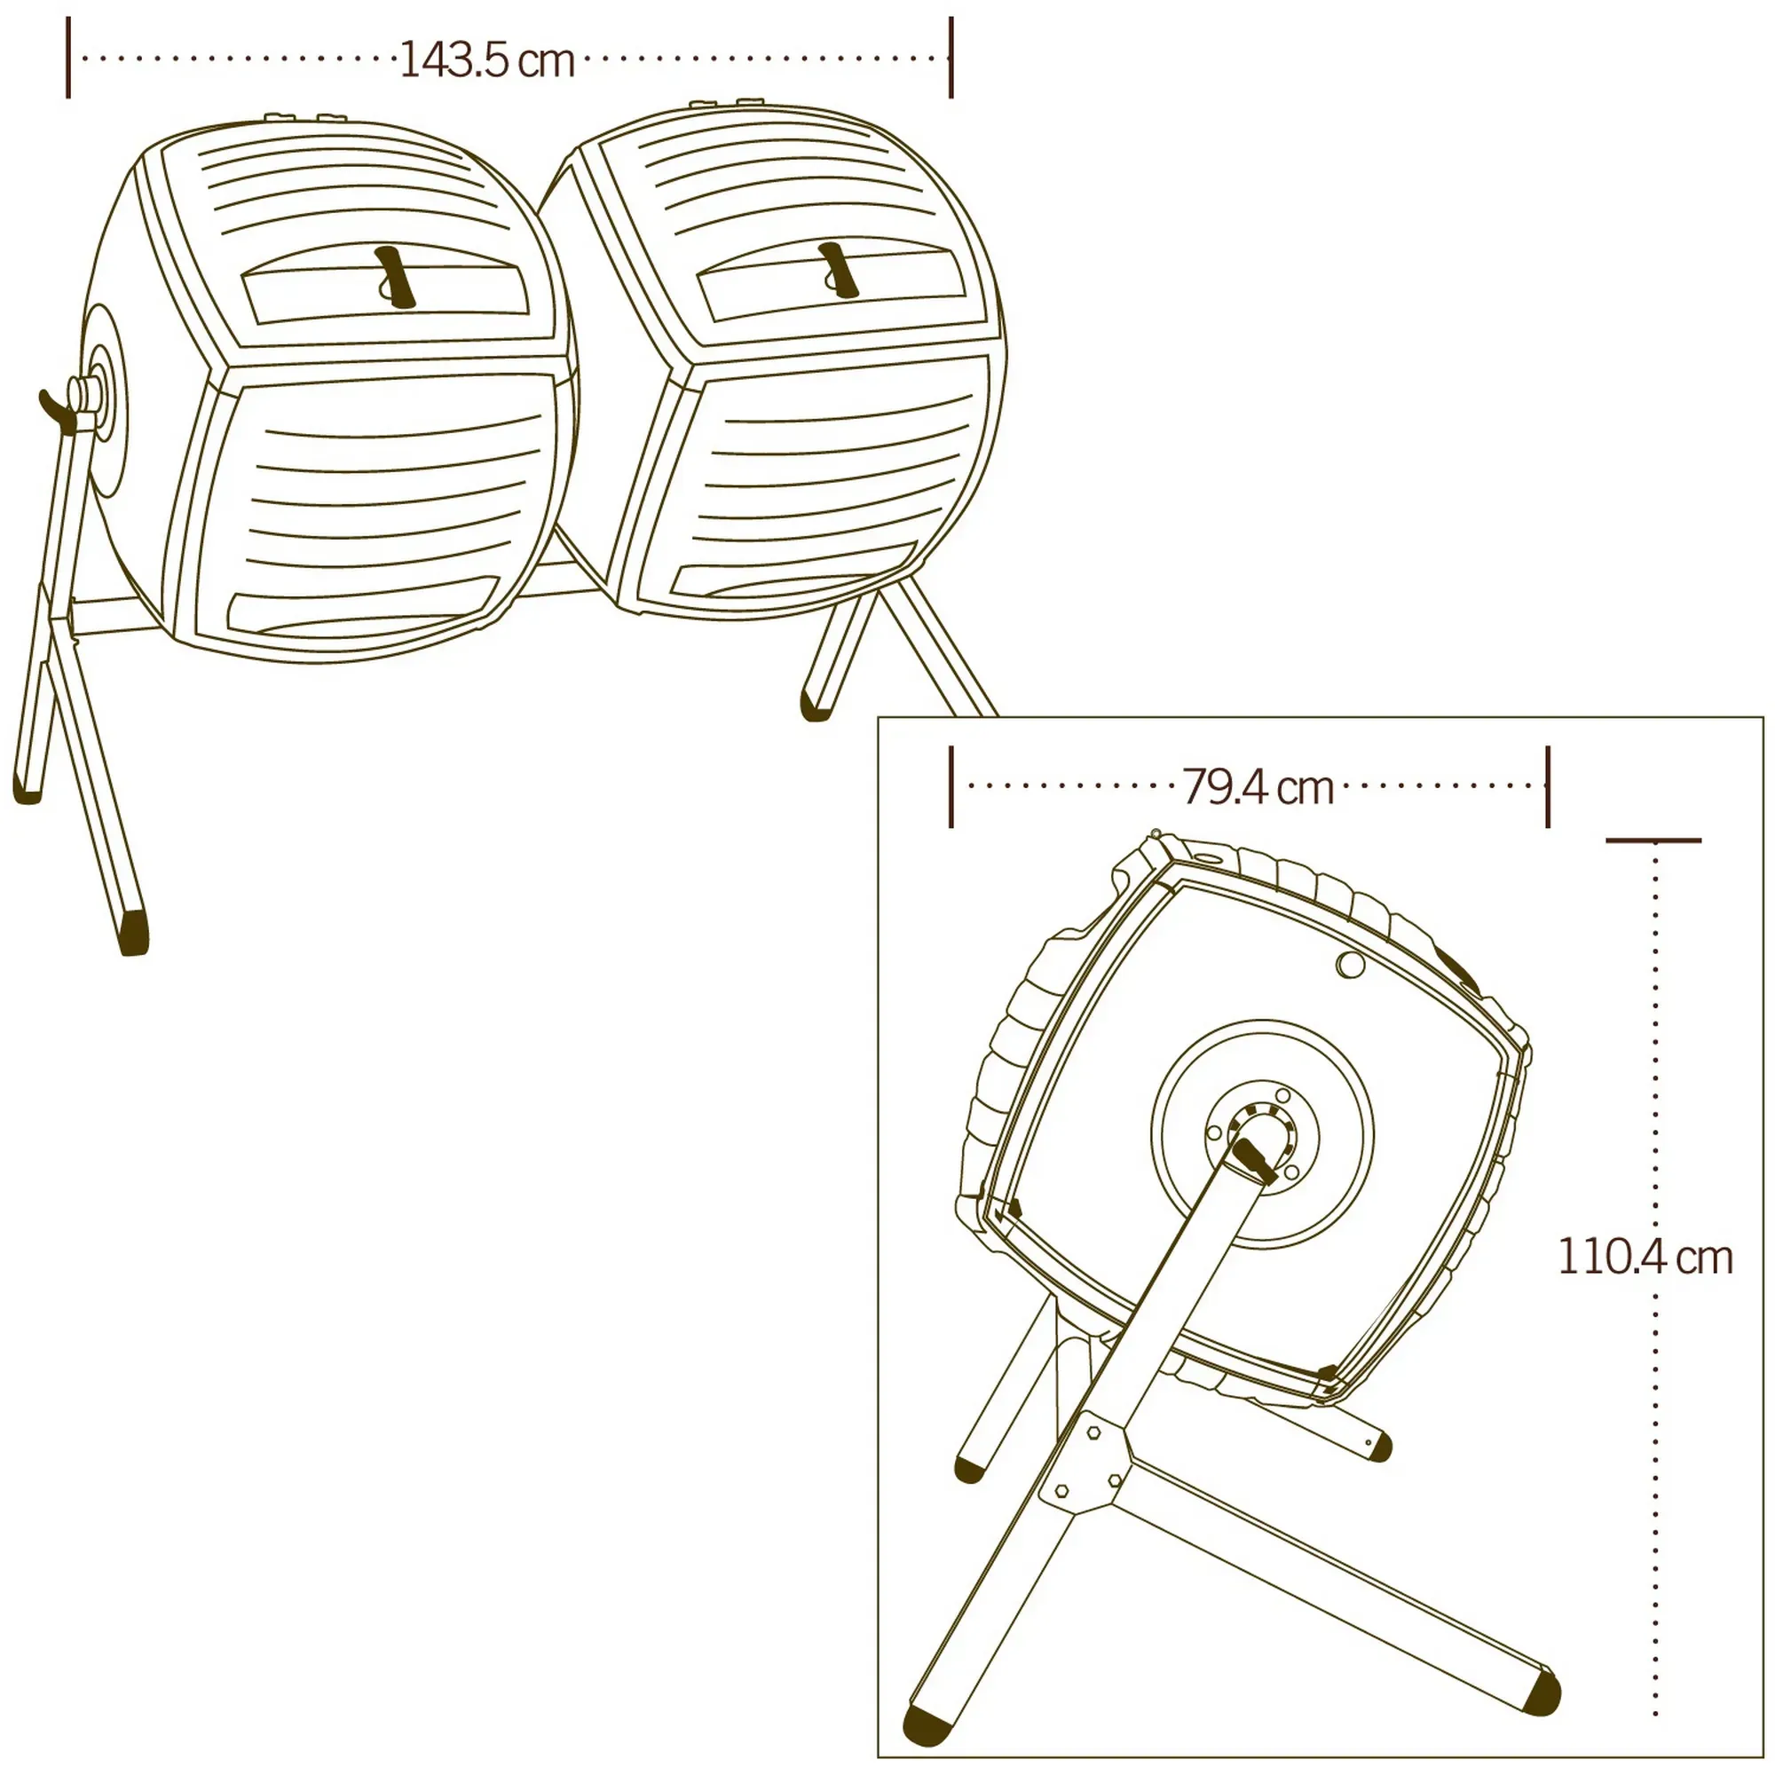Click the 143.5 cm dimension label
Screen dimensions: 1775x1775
[487, 61]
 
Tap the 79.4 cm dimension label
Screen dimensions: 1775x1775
[1257, 787]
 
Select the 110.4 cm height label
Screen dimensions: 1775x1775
[1645, 1257]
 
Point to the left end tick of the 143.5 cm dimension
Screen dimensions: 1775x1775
[68, 57]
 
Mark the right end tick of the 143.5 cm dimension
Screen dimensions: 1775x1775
[951, 57]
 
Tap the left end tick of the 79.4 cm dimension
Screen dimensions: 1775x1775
[951, 786]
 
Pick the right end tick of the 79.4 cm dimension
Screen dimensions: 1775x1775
[1548, 786]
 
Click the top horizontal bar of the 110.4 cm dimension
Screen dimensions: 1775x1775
[1653, 840]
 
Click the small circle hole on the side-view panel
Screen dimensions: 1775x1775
[1351, 965]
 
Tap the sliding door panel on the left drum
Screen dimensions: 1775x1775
[386, 291]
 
